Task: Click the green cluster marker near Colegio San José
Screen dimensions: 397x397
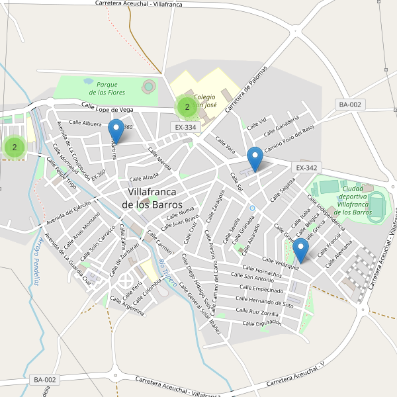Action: [187, 106]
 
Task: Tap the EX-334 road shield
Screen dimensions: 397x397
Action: [185, 127]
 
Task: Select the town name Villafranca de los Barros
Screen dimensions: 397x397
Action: [152, 198]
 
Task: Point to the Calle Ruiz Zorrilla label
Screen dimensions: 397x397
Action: [257, 312]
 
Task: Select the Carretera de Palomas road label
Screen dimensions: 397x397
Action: [246, 89]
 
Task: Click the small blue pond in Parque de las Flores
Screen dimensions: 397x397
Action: [88, 81]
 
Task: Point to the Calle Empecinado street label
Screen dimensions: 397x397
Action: [262, 289]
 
